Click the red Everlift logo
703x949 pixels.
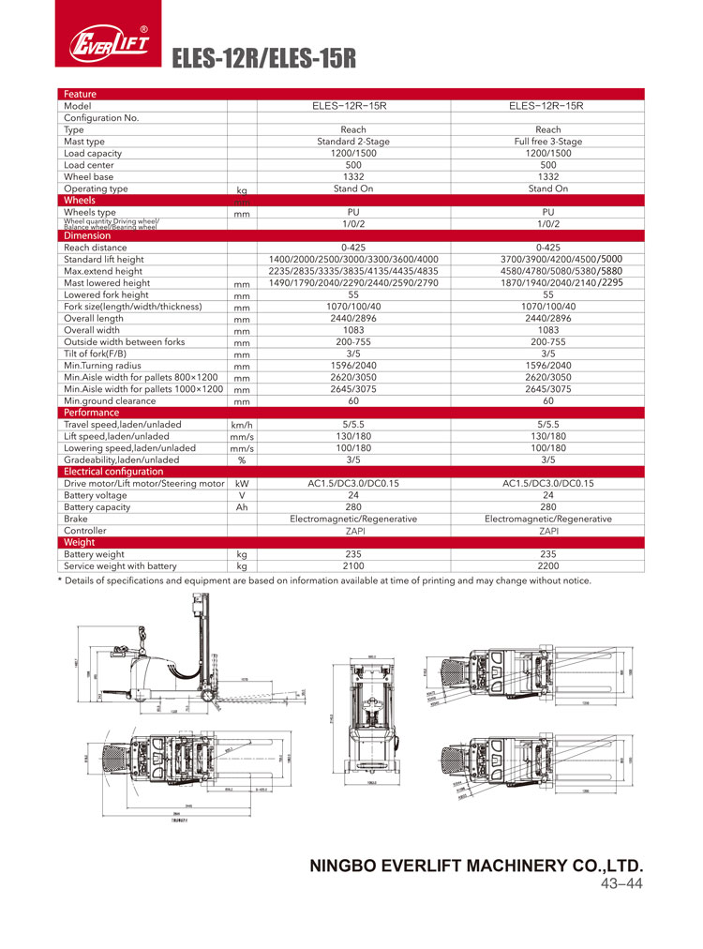108,42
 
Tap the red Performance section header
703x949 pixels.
91,413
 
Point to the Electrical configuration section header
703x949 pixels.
112,472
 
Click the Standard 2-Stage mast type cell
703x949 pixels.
353,142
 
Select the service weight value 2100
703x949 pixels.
353,566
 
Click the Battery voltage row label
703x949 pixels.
95,495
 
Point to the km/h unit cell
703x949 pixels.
241,425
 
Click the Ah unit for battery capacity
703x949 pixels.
241,507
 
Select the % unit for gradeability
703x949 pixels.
241,460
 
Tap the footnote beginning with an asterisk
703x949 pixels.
324,581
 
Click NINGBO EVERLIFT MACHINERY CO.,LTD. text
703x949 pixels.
476,866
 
